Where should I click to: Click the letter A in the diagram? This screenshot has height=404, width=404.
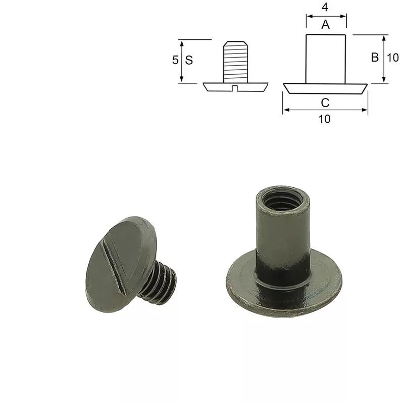(x=326, y=25)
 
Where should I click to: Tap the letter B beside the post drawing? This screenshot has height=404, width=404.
(x=375, y=57)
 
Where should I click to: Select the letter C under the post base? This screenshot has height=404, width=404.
(x=325, y=103)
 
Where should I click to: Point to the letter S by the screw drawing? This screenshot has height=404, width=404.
(x=189, y=60)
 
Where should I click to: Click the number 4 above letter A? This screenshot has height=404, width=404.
(x=325, y=7)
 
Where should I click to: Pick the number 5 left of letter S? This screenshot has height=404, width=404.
(x=175, y=60)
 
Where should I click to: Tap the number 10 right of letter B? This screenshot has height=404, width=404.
(x=393, y=58)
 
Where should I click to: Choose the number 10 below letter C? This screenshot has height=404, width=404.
(x=325, y=119)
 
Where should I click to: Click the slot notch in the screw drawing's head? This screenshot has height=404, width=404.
(x=234, y=88)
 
